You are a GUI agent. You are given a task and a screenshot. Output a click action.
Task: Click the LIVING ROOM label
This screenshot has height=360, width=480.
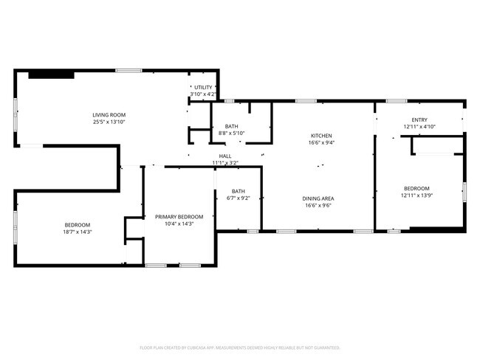[x=109, y=114]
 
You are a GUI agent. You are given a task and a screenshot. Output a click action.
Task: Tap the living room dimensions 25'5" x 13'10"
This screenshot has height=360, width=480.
[x=109, y=122]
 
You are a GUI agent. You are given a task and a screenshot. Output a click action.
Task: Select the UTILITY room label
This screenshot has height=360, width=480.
[x=203, y=87]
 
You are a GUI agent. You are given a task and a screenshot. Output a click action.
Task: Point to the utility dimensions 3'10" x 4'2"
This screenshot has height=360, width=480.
[x=203, y=94]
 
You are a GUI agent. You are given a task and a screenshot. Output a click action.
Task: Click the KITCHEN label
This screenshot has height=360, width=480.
[x=321, y=136]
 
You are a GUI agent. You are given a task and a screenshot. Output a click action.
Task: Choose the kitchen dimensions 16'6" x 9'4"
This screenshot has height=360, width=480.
[x=321, y=143]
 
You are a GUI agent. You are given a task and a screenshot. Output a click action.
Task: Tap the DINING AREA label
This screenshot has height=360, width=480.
[x=318, y=198]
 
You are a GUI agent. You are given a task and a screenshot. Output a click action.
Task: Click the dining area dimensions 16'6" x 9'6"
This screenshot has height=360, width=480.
[x=318, y=206]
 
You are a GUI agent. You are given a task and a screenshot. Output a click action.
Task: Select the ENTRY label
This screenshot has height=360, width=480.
[x=419, y=120]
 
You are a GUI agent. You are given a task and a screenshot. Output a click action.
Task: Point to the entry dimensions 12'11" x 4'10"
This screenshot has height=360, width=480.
[x=419, y=127]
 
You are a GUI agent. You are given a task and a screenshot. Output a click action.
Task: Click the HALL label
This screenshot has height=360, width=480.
[x=225, y=156]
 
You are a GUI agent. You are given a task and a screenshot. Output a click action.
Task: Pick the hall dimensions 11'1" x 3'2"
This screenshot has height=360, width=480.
[x=225, y=162]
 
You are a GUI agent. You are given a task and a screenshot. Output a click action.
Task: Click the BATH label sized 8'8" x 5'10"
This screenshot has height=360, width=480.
[x=232, y=126]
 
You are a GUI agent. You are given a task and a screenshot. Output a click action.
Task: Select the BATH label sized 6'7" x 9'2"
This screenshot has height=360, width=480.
[x=238, y=191]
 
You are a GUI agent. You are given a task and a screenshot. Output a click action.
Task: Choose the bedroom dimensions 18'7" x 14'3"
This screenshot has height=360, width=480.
[x=78, y=232]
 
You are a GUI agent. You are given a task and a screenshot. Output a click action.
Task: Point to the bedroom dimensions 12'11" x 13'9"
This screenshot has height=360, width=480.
[x=418, y=195]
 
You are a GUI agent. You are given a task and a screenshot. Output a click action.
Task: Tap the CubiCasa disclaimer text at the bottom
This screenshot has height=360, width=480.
[x=240, y=347]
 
